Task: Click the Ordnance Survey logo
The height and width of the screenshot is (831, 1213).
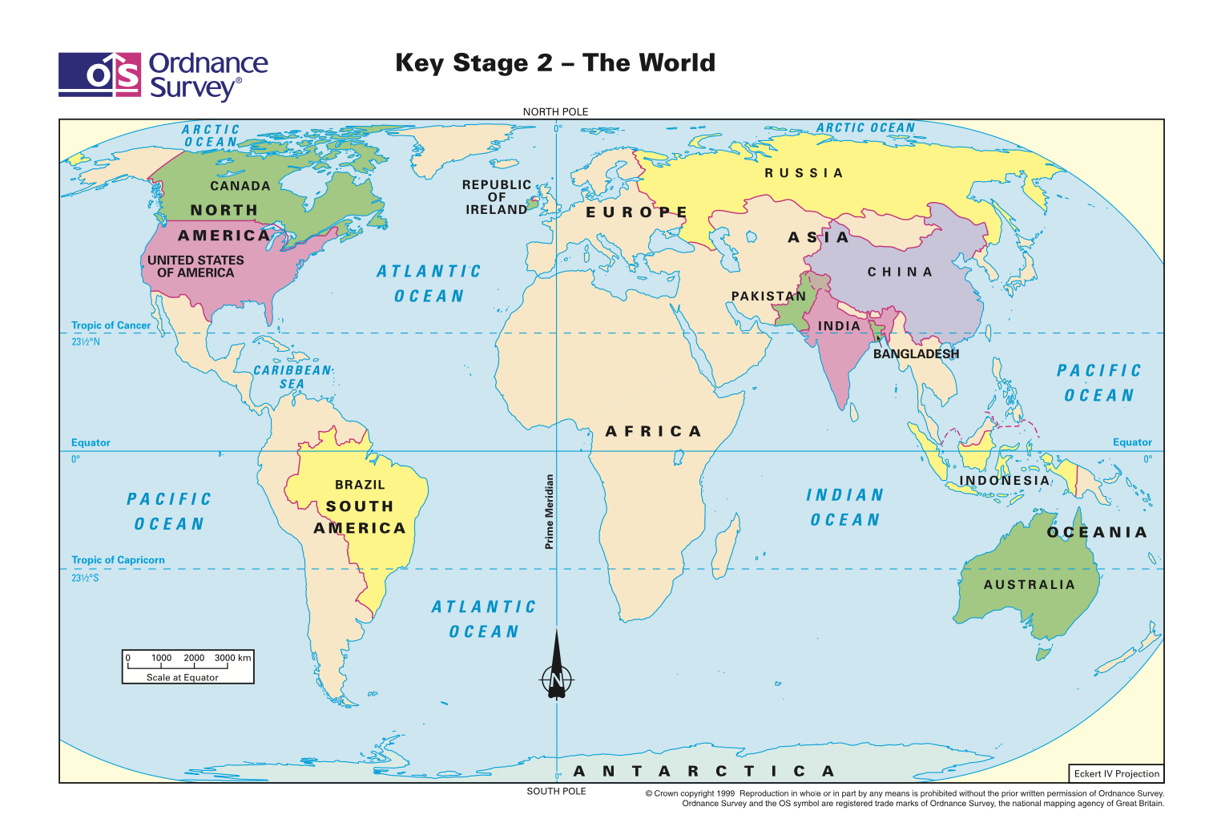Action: click(x=163, y=76)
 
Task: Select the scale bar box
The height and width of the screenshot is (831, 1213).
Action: click(x=187, y=667)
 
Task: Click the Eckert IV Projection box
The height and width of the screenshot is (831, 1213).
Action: click(x=1116, y=773)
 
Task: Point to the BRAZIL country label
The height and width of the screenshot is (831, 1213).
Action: click(x=360, y=485)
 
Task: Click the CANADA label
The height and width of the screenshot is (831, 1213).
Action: click(x=240, y=186)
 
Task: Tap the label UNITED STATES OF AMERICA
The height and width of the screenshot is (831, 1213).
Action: click(x=195, y=266)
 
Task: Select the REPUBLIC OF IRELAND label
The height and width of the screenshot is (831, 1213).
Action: click(x=496, y=197)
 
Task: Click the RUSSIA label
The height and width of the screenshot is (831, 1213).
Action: click(x=804, y=173)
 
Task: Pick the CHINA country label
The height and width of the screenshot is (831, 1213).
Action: click(x=900, y=272)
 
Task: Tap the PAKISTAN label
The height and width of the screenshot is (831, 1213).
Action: click(x=768, y=296)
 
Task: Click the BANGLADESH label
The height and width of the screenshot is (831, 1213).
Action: click(x=916, y=354)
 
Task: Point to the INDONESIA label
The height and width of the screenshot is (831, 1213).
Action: click(x=1004, y=481)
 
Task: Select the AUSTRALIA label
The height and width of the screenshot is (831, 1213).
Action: click(x=1029, y=585)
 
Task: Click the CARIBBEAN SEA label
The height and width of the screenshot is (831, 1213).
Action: click(x=292, y=377)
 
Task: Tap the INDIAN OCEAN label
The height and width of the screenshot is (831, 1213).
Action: click(x=844, y=507)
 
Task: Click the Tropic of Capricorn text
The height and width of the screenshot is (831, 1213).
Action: click(x=118, y=560)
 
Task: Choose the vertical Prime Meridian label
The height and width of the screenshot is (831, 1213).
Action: click(x=549, y=511)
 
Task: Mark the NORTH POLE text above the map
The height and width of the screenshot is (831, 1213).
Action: click(x=555, y=112)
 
